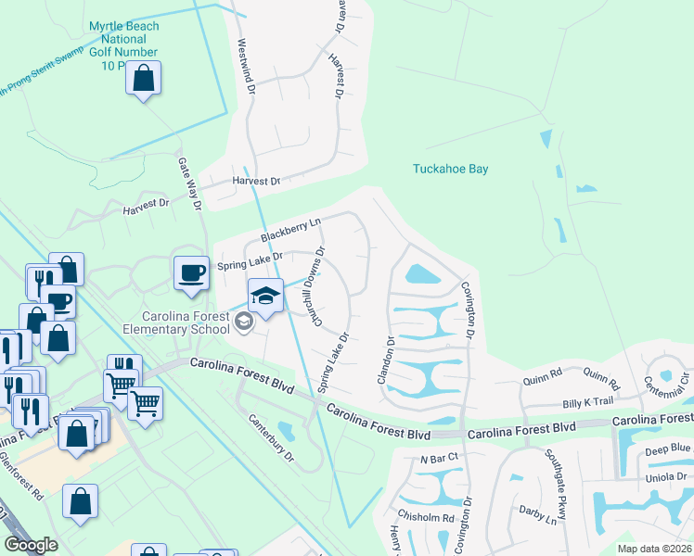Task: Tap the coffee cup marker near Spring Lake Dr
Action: (192, 273)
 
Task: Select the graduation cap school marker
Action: (265, 297)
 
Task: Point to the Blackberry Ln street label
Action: (290, 229)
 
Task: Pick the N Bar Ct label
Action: (439, 459)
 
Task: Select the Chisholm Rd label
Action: (426, 518)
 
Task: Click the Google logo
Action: (32, 545)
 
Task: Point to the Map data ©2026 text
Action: (654, 549)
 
